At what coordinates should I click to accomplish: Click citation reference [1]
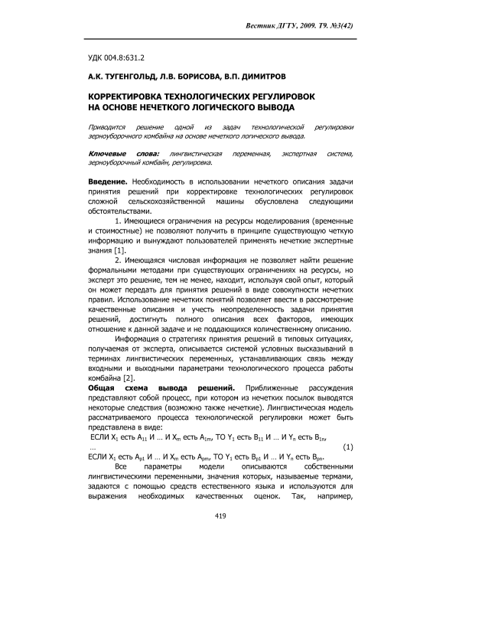point(119,251)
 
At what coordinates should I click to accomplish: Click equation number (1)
point(348,446)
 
